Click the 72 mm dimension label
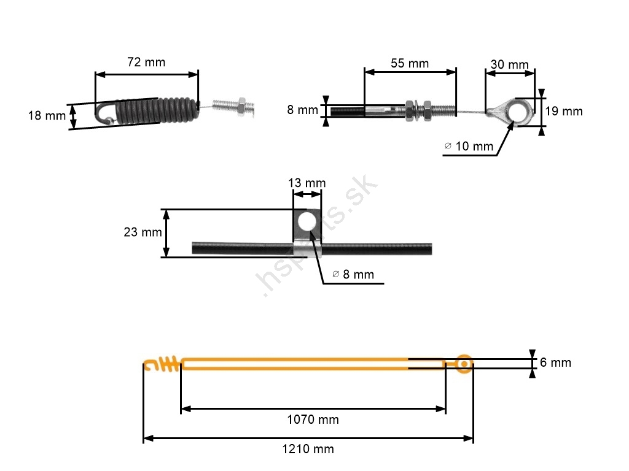(146, 62)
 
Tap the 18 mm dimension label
(47, 115)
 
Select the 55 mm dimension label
(410, 63)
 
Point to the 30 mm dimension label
(510, 64)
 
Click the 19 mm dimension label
(564, 111)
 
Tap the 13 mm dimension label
(307, 183)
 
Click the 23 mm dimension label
(143, 232)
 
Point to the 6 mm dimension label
(555, 362)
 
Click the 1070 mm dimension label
(313, 419)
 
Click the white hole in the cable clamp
(307, 223)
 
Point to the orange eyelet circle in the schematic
(464, 364)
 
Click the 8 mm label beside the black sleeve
(303, 110)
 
